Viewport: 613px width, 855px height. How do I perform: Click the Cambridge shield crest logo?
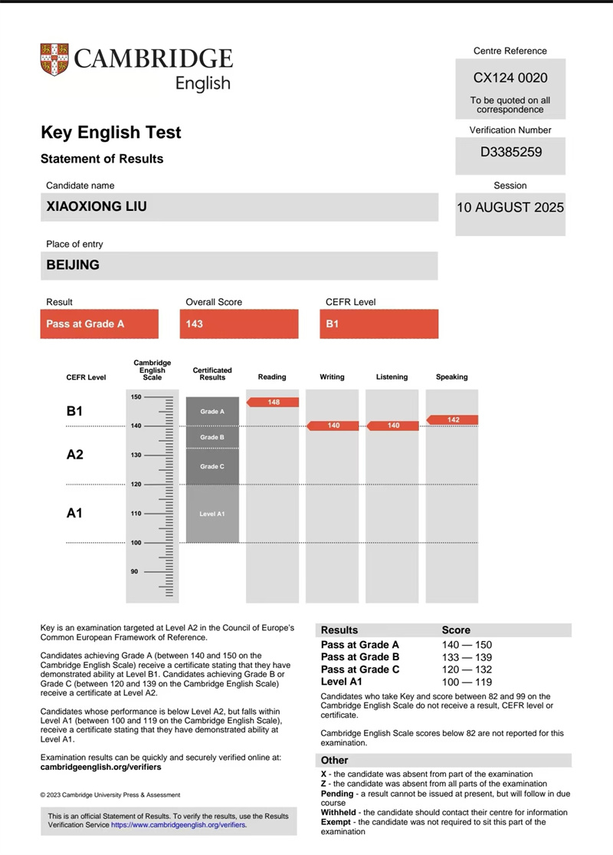tap(54, 59)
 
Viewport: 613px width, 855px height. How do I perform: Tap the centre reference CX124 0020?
tap(510, 78)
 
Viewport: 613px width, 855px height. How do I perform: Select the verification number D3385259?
tap(510, 152)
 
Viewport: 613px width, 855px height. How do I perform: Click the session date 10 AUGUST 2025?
tap(510, 208)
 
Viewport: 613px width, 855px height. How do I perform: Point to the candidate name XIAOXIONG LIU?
tap(97, 206)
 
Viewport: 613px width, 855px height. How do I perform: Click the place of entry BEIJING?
tap(73, 265)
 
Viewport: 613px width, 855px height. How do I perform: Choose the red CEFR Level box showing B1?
tap(379, 324)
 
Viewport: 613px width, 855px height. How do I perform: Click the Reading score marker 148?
tap(274, 403)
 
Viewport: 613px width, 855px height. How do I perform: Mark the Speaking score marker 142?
tap(453, 419)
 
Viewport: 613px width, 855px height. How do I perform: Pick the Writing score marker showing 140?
tap(333, 426)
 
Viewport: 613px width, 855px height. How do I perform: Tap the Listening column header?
tap(392, 377)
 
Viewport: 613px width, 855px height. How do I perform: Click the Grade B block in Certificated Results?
tap(212, 437)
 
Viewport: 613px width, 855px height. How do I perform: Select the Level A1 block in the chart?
tap(212, 514)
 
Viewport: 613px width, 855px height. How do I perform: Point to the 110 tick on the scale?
tap(136, 514)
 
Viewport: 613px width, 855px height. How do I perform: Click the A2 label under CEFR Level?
tap(74, 455)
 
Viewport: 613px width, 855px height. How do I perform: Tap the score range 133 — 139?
tap(467, 657)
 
